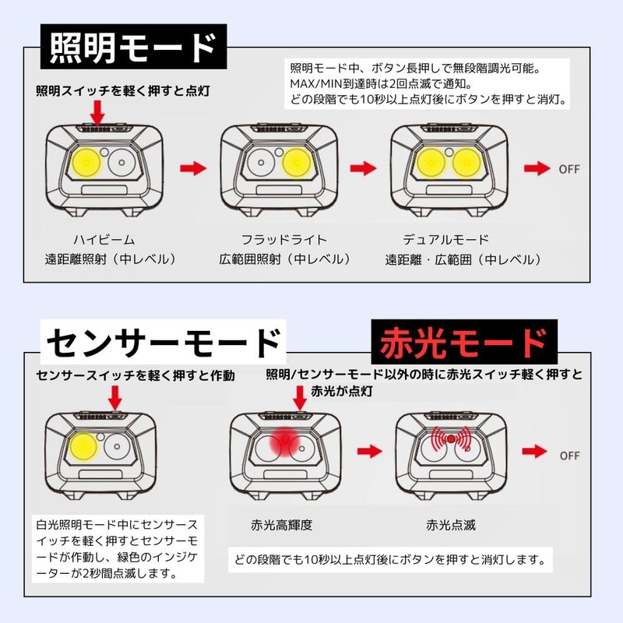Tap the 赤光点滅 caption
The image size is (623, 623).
click(451, 525)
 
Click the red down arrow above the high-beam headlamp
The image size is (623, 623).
click(97, 111)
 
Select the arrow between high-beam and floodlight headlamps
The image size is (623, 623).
click(192, 167)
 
